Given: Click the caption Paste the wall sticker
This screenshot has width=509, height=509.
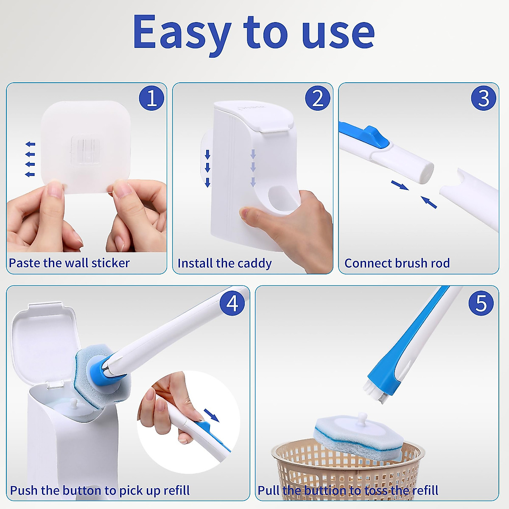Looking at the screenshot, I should point(69,263).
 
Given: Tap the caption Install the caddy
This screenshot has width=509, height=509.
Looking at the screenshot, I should point(224,263).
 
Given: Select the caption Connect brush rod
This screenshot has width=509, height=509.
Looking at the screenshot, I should point(397,263).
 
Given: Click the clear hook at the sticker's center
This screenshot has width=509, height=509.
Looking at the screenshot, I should point(86,149).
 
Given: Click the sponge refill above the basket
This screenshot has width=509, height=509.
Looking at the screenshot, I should point(358,437).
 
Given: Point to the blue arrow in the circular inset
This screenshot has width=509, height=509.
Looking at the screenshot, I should point(211,415).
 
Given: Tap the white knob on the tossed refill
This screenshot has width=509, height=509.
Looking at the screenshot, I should point(362,420).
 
